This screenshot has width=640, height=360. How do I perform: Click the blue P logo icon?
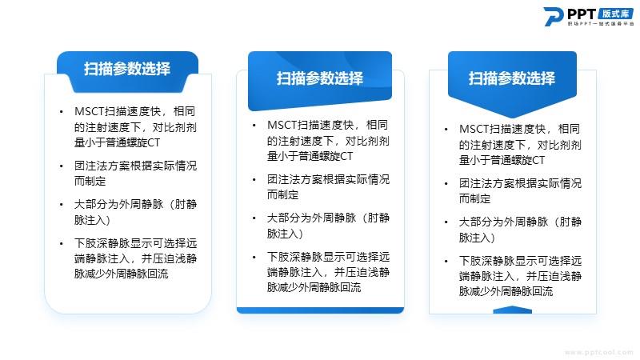[x=554, y=17]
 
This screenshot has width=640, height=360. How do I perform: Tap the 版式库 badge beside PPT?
[x=616, y=14]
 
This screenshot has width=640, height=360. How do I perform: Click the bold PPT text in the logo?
[x=582, y=14]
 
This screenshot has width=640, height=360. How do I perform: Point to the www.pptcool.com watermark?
[x=599, y=352]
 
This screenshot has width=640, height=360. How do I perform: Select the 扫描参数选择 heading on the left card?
[x=127, y=69]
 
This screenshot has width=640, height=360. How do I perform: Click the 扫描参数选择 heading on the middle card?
[x=319, y=78]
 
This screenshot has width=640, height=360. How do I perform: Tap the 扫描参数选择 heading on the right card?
[x=512, y=78]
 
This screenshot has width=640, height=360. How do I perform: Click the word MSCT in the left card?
[x=90, y=111]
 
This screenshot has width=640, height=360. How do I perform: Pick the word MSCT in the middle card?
[x=282, y=125]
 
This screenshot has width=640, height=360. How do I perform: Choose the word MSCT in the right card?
[x=474, y=129]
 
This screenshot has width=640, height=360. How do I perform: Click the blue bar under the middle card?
[x=320, y=310]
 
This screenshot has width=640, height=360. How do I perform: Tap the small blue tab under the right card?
[x=512, y=310]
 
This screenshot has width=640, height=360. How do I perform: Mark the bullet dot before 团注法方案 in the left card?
[x=62, y=166]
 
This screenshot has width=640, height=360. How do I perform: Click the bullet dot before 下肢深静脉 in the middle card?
[x=254, y=257]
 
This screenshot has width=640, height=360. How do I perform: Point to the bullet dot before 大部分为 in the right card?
[x=446, y=222]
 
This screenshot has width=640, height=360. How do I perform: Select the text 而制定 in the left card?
[x=90, y=181]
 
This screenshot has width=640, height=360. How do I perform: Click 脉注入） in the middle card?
[x=285, y=234]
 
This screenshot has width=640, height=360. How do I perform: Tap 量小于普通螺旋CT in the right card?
[x=502, y=160]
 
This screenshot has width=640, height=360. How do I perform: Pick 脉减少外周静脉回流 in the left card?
[x=122, y=274]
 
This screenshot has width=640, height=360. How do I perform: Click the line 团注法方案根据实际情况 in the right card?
[x=520, y=183]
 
